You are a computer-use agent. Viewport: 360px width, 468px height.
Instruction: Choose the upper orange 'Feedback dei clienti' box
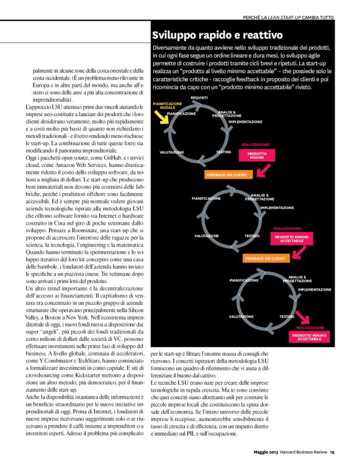[x=226, y=175]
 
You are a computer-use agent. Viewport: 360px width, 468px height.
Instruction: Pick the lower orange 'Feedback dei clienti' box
[x=265, y=258]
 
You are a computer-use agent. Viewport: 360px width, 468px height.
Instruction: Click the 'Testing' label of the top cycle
[x=223, y=151]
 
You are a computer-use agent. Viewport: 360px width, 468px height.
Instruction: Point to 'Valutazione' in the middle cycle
[x=206, y=236]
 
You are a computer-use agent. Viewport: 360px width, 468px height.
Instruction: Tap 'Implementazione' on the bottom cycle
[x=315, y=289]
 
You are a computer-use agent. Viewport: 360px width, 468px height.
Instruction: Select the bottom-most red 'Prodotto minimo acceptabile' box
[x=308, y=337]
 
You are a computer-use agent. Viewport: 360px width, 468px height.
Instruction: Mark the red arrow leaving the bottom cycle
[x=304, y=318]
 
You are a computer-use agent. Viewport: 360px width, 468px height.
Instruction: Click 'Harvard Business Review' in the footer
[x=302, y=451]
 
